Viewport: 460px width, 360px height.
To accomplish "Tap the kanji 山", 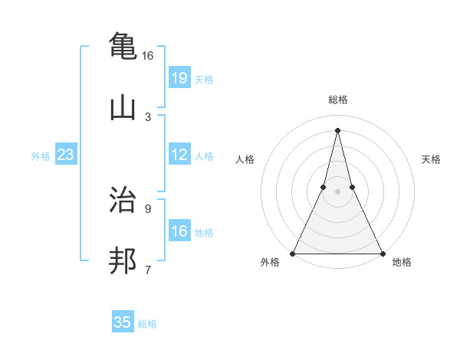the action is point(123,108).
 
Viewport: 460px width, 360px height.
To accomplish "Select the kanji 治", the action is point(123,198).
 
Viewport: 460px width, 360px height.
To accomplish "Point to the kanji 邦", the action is point(123,261).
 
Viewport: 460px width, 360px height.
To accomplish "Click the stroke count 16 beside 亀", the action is point(147,56).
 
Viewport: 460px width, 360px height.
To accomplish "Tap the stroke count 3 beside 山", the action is point(148,117).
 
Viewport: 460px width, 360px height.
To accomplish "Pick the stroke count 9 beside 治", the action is point(148,208).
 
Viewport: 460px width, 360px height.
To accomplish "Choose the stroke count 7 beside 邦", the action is point(148,270).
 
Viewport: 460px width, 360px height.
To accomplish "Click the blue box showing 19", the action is point(179,78).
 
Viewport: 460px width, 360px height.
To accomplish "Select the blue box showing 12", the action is point(179,155).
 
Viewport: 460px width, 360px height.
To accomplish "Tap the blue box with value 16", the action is point(179,231).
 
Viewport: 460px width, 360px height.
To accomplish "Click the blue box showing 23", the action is point(66,155).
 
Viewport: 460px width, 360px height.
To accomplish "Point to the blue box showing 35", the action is point(123,322).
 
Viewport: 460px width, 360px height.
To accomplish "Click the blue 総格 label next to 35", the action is point(147,324).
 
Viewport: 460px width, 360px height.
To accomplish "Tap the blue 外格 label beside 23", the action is point(41,156).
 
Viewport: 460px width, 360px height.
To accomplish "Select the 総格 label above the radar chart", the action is point(337,100).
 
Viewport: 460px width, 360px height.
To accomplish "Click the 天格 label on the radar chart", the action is point(431,159).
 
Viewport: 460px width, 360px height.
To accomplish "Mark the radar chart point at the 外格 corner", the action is point(293,253).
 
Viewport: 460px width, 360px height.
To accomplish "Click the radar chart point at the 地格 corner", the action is point(382,253).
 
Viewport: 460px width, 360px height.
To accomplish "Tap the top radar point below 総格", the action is point(337,129).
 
